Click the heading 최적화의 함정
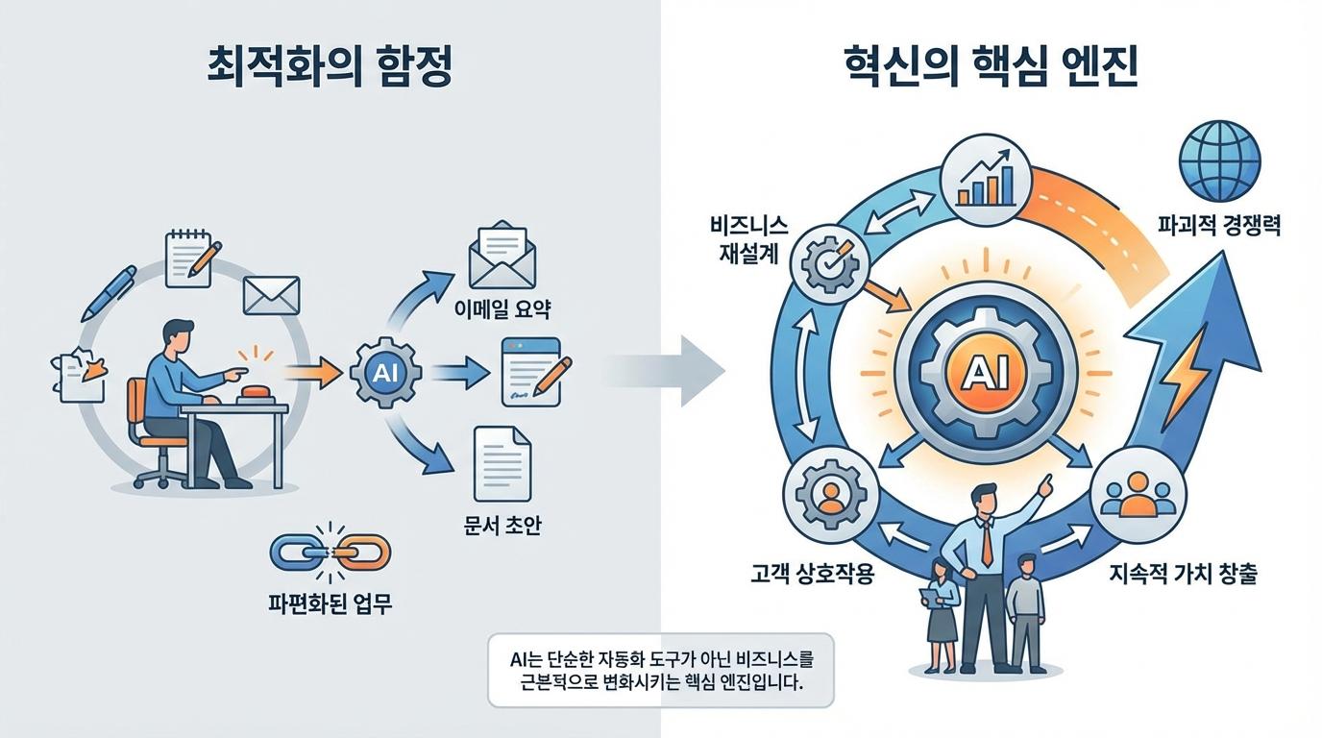coord(330,74)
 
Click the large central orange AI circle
coord(990,372)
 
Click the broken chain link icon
coord(329,552)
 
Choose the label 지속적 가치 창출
coord(1183,576)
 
